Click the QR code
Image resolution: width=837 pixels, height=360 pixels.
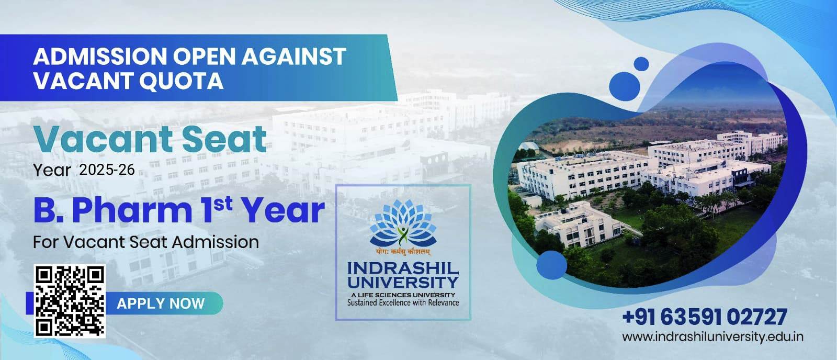pos(70,301)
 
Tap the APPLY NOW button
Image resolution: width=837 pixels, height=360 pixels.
pos(161,303)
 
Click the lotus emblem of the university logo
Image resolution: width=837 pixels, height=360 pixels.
pos(403,223)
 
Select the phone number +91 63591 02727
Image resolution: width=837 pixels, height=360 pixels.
pos(705,318)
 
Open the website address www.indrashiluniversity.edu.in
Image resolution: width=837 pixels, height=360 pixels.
pos(712,337)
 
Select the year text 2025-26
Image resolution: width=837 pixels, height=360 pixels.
pos(107,170)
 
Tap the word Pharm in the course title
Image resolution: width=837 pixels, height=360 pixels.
pos(132,210)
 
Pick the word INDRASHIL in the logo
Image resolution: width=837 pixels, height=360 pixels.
pos(403,268)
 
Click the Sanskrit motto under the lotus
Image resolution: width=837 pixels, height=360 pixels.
pos(403,252)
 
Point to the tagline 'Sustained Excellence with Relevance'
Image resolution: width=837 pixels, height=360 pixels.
pos(403,302)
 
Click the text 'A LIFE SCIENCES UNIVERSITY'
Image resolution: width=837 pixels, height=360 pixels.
pos(403,295)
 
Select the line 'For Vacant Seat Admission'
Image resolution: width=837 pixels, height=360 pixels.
pos(146,242)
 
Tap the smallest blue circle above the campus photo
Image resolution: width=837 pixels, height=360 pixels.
pos(641,64)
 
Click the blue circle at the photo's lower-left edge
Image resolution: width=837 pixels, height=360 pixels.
pos(551,265)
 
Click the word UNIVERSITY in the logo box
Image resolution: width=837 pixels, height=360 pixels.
pos(403,282)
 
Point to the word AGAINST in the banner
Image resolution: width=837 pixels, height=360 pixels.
pos(293,57)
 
